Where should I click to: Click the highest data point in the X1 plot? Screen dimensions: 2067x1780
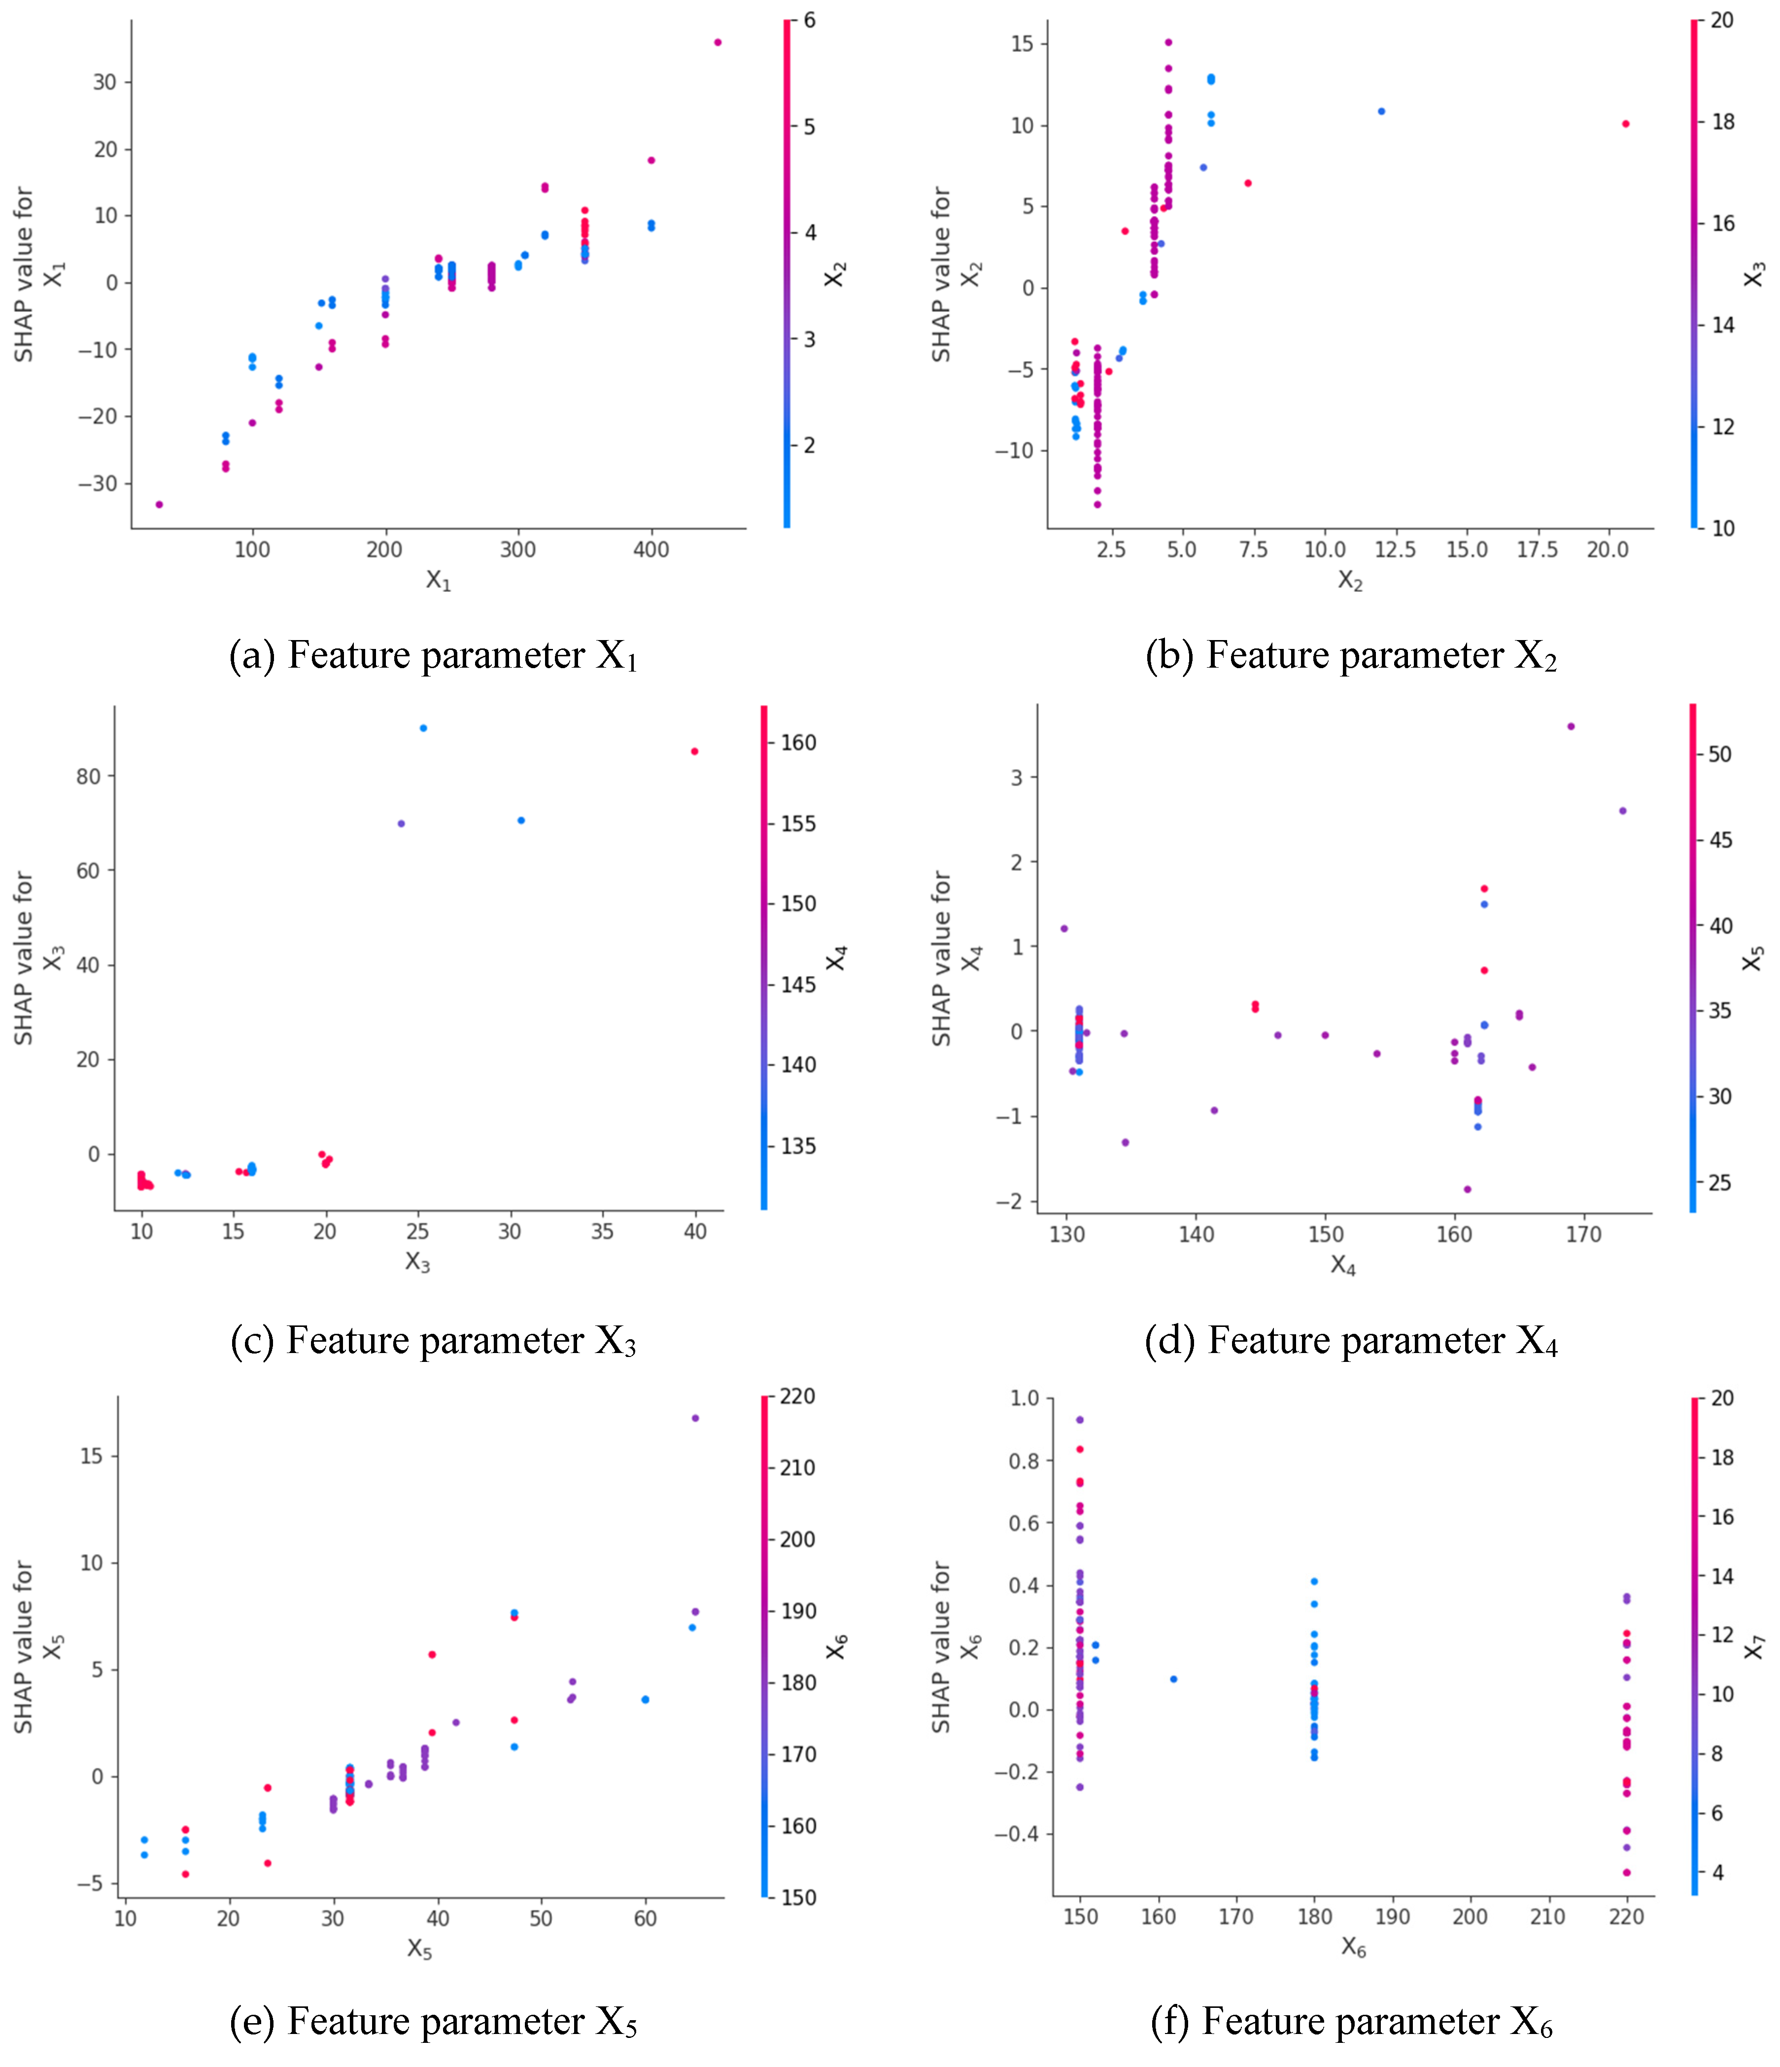(718, 42)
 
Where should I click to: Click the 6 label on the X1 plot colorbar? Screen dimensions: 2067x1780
(809, 20)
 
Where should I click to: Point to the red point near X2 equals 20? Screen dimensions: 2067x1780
(1625, 124)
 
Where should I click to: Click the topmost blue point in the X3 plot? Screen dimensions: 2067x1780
(423, 728)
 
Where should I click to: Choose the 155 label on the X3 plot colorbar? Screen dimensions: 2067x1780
(798, 824)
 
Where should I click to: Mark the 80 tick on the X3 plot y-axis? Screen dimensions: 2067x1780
(89, 776)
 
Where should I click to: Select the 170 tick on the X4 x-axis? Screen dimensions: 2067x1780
(1583, 1235)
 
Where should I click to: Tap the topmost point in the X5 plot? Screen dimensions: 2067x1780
(695, 1418)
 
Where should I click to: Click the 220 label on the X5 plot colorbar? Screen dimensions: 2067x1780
(798, 1396)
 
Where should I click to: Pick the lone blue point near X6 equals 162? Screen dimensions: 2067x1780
(1173, 1679)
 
